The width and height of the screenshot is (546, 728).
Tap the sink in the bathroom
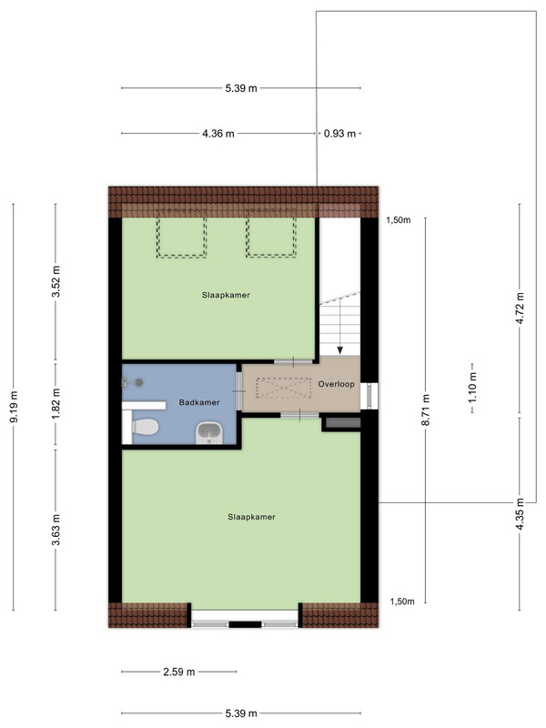tap(209, 433)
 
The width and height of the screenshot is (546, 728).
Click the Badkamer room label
tap(199, 402)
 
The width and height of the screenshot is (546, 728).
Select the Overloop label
tap(336, 384)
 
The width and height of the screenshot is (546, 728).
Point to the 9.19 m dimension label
tap(14, 407)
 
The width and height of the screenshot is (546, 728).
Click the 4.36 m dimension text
tap(218, 134)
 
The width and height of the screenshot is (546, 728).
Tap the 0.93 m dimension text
tap(339, 134)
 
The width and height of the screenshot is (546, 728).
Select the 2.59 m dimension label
tap(179, 672)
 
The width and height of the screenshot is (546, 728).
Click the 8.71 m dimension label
tap(426, 409)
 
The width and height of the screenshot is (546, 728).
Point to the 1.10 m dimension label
tap(472, 389)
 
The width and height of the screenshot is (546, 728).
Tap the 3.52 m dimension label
tap(56, 282)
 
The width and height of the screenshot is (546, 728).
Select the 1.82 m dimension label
tap(56, 404)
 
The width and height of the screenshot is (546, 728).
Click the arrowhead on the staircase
tap(340, 350)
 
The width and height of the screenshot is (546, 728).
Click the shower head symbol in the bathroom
tap(138, 382)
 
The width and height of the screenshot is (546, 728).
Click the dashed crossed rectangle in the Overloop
tap(284, 388)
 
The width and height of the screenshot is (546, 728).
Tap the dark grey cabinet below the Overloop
tap(343, 422)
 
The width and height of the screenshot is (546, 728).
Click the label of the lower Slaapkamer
tap(252, 517)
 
